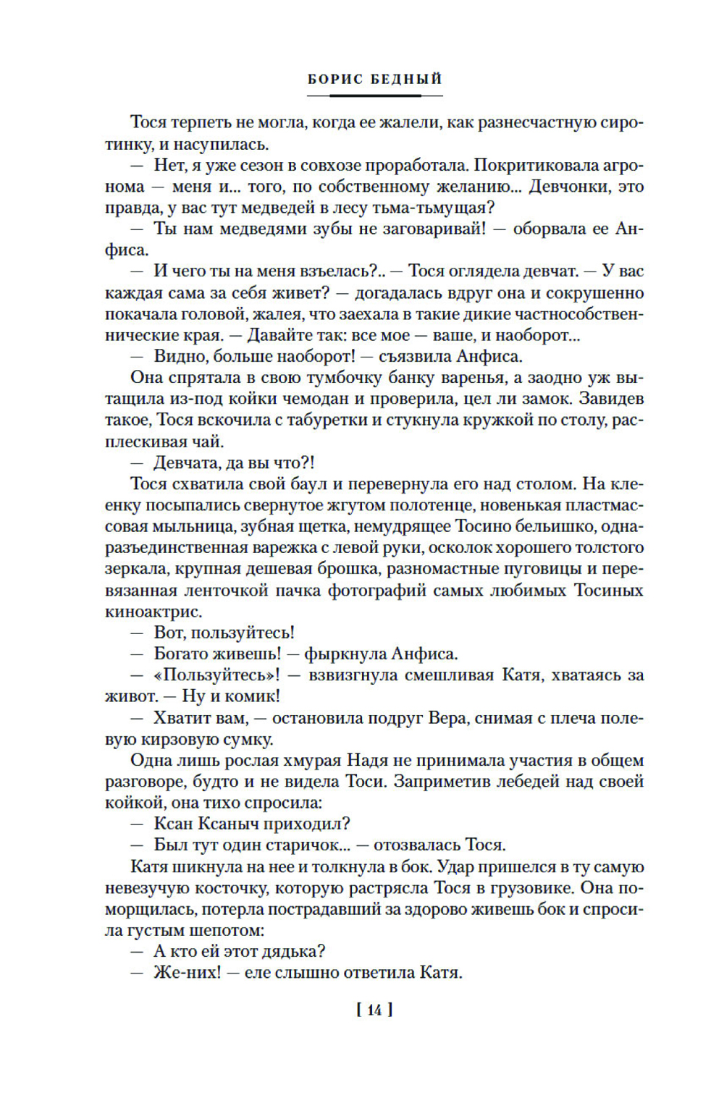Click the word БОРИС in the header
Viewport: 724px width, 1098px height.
[x=334, y=80]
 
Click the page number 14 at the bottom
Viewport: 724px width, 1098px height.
[x=374, y=1010]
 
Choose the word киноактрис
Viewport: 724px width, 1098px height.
[x=153, y=612]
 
